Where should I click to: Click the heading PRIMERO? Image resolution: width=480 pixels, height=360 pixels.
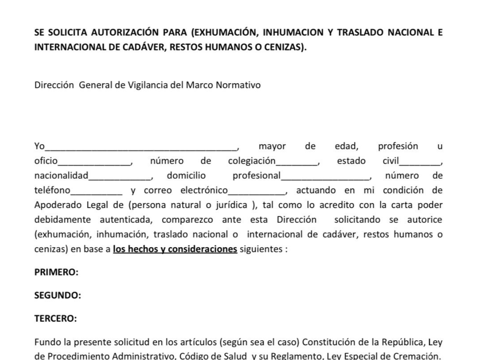[56, 272]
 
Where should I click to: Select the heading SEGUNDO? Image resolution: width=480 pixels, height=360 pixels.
[58, 295]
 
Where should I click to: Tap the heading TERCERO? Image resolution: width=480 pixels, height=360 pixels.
[56, 318]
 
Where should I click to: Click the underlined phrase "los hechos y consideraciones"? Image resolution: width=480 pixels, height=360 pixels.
[175, 249]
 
